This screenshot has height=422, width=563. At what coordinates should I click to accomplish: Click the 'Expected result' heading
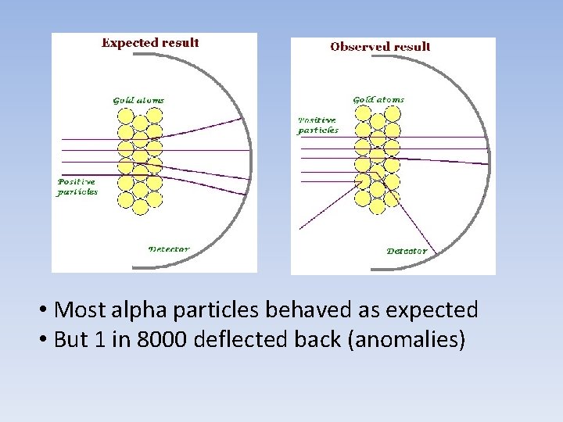[x=150, y=43]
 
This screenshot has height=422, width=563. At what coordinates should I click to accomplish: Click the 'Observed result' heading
[x=380, y=47]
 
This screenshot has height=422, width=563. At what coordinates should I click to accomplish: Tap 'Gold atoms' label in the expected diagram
[x=138, y=100]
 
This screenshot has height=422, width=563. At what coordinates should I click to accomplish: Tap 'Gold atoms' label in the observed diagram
[x=378, y=100]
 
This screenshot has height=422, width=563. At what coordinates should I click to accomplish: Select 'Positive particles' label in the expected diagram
[x=77, y=187]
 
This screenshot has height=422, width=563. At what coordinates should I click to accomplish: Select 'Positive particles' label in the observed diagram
[x=317, y=125]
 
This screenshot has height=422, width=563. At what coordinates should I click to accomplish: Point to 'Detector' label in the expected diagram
[x=169, y=249]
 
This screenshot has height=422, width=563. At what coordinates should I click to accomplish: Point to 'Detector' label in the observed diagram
[x=407, y=251]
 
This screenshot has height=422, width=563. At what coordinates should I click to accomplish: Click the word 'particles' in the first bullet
[x=216, y=310]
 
